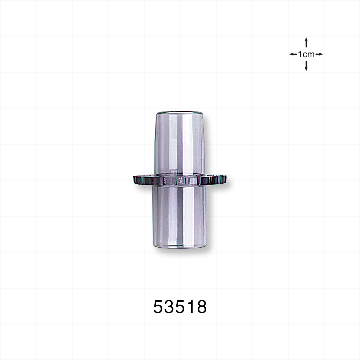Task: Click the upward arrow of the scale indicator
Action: click(306, 42)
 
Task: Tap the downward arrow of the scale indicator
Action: click(306, 66)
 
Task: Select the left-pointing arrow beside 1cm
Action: click(293, 54)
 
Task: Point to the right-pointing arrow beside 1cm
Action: click(319, 54)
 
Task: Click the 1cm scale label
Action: click(306, 54)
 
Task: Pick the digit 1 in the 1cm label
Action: click(300, 54)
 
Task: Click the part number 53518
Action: click(180, 307)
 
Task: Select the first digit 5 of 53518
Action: click(158, 307)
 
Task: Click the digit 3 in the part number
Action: click(169, 307)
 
